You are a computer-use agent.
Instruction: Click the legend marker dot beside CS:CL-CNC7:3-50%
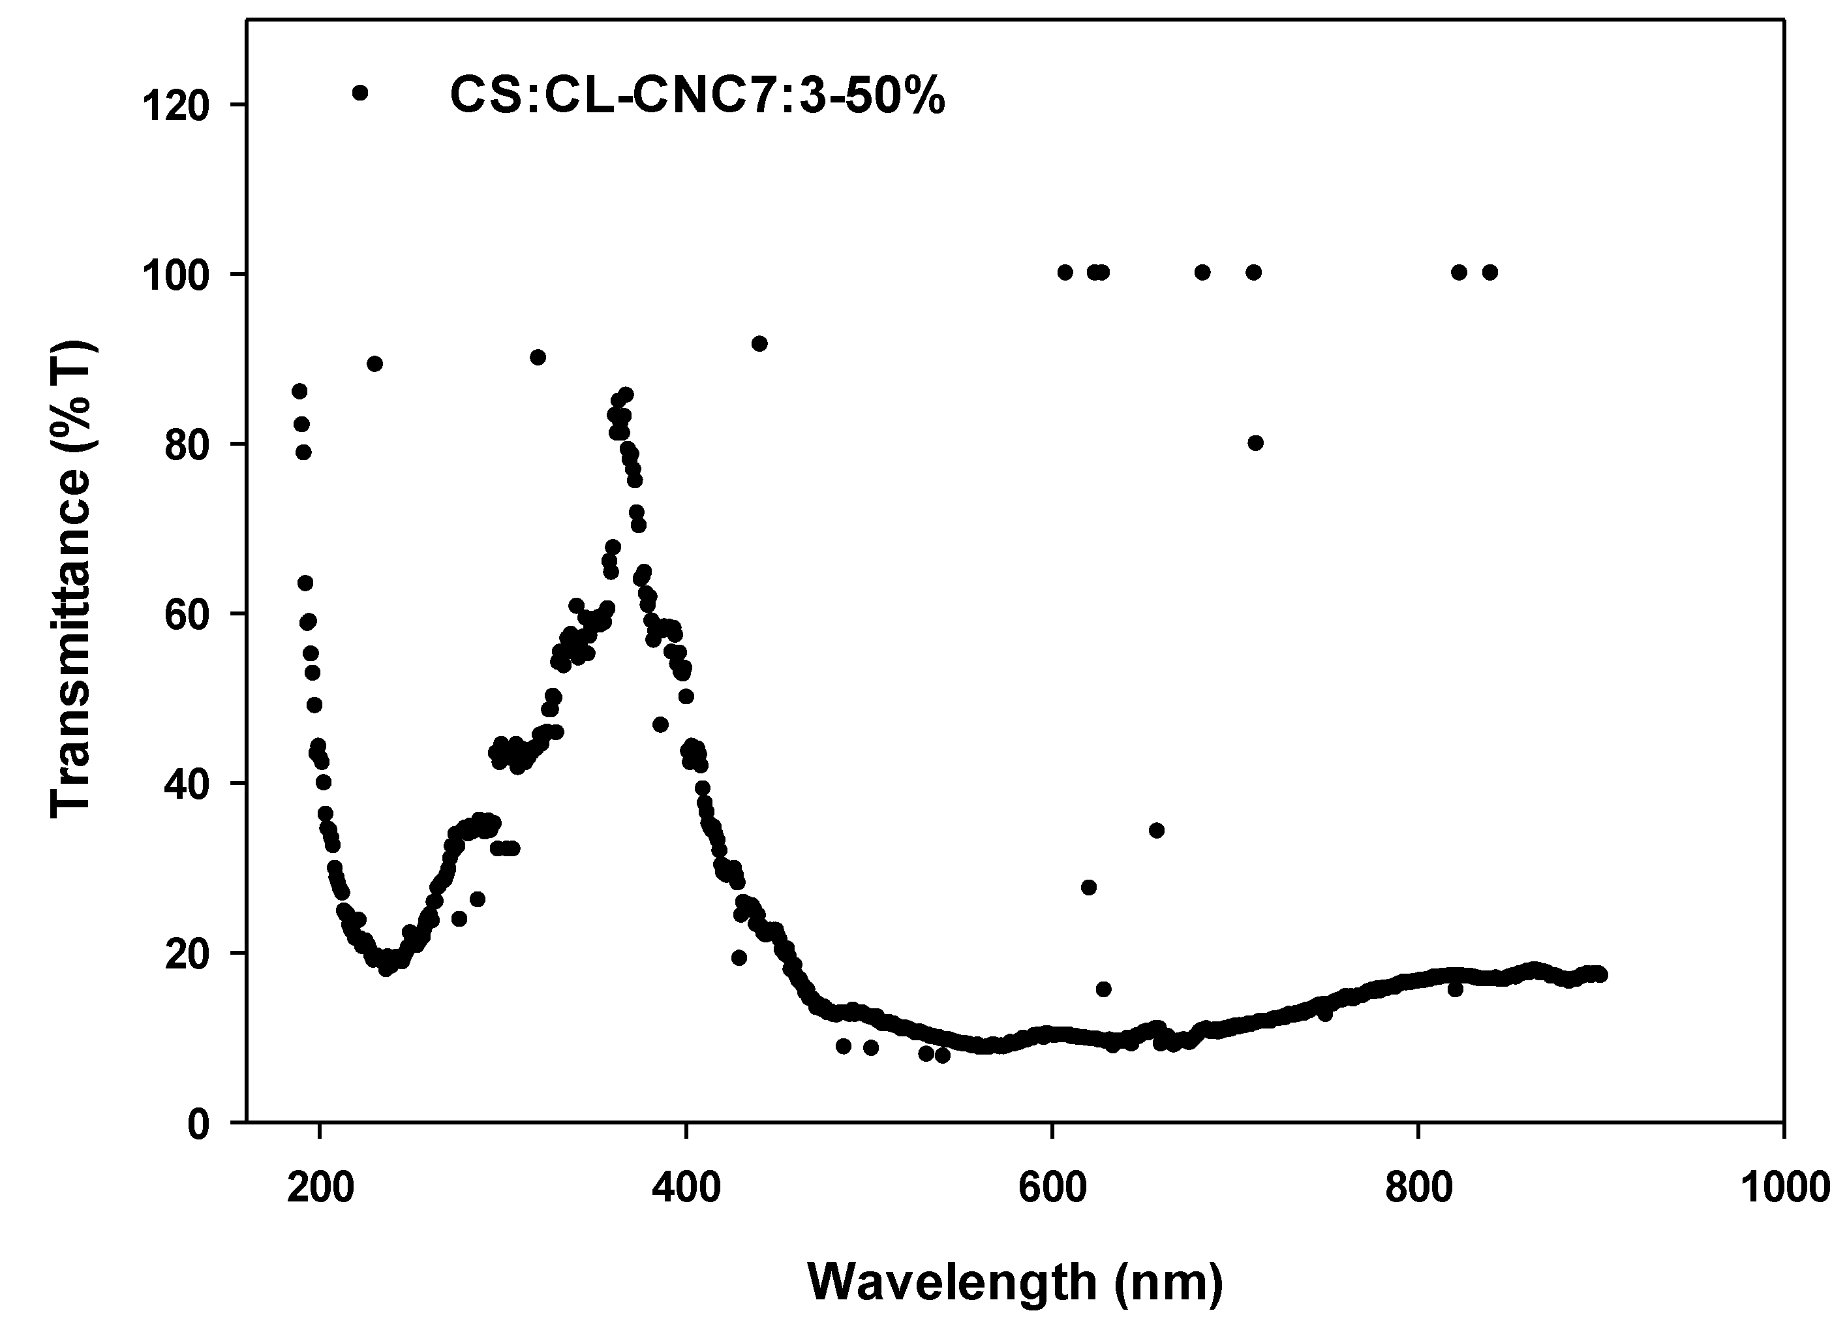tap(360, 93)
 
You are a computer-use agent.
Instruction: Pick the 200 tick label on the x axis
tap(320, 1188)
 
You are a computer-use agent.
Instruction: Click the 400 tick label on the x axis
tap(686, 1188)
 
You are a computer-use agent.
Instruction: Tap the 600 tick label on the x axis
tap(1053, 1188)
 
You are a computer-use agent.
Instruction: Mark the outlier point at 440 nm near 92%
tap(759, 344)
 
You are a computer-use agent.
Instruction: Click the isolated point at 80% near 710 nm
tap(1256, 443)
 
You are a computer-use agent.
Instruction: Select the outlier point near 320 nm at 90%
tap(538, 358)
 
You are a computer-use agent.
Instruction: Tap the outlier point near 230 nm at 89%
tap(374, 364)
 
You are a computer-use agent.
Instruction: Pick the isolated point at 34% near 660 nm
tap(1156, 831)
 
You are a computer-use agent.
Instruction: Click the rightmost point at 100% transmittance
tap(1489, 272)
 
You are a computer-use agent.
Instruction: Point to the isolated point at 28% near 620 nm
tap(1089, 888)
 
